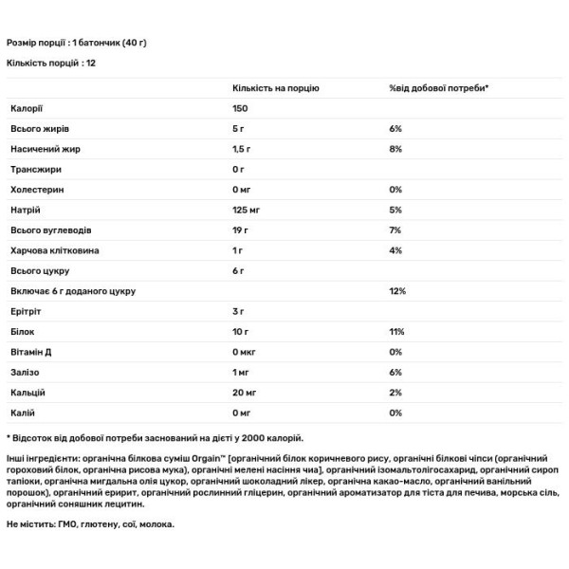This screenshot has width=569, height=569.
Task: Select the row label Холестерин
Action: click(x=36, y=190)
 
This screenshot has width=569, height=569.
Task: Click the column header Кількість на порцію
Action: click(x=276, y=88)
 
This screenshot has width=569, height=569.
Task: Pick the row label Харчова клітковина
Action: click(x=54, y=250)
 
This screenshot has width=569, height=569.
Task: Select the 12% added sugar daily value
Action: click(x=396, y=291)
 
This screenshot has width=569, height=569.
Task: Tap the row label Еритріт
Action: click(x=26, y=311)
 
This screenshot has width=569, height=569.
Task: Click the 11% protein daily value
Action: click(x=396, y=332)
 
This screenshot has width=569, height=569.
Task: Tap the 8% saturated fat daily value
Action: click(x=395, y=149)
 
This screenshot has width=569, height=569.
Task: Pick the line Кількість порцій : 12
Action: click(x=51, y=63)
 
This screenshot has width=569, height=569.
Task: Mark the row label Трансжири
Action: click(x=35, y=170)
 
